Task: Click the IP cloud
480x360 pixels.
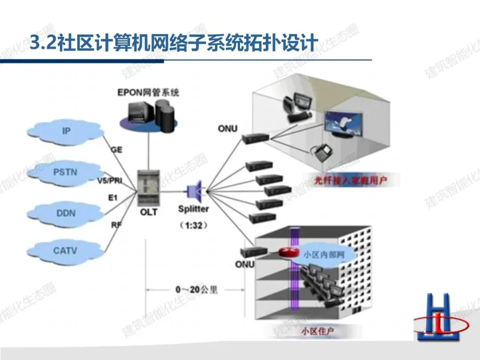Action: point(65,131)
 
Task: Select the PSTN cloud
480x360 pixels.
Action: point(65,172)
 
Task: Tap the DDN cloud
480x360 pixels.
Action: point(65,213)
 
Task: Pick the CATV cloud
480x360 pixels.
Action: point(65,251)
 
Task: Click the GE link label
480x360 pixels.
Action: point(116,150)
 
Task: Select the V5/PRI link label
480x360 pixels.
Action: point(109,180)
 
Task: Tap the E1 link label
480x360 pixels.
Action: point(113,197)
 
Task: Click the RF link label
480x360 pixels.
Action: point(116,225)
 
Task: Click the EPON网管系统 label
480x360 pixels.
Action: point(148,93)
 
